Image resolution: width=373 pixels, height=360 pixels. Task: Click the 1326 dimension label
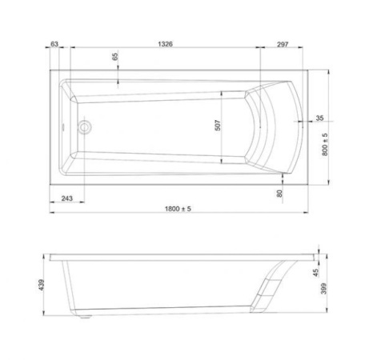point(165,44)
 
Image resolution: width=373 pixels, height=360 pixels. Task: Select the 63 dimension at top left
point(54,44)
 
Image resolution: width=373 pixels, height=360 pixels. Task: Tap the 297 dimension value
point(283,44)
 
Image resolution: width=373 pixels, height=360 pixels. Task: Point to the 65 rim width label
point(115,57)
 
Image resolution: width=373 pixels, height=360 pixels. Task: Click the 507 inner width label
point(218,126)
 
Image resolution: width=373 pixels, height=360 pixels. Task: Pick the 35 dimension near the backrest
point(319,118)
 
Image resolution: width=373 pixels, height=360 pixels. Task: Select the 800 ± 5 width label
point(325,144)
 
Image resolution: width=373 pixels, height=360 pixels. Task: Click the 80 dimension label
point(279,194)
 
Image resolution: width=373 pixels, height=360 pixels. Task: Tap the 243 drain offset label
point(67,198)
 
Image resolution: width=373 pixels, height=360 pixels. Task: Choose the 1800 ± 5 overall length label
point(178,209)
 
